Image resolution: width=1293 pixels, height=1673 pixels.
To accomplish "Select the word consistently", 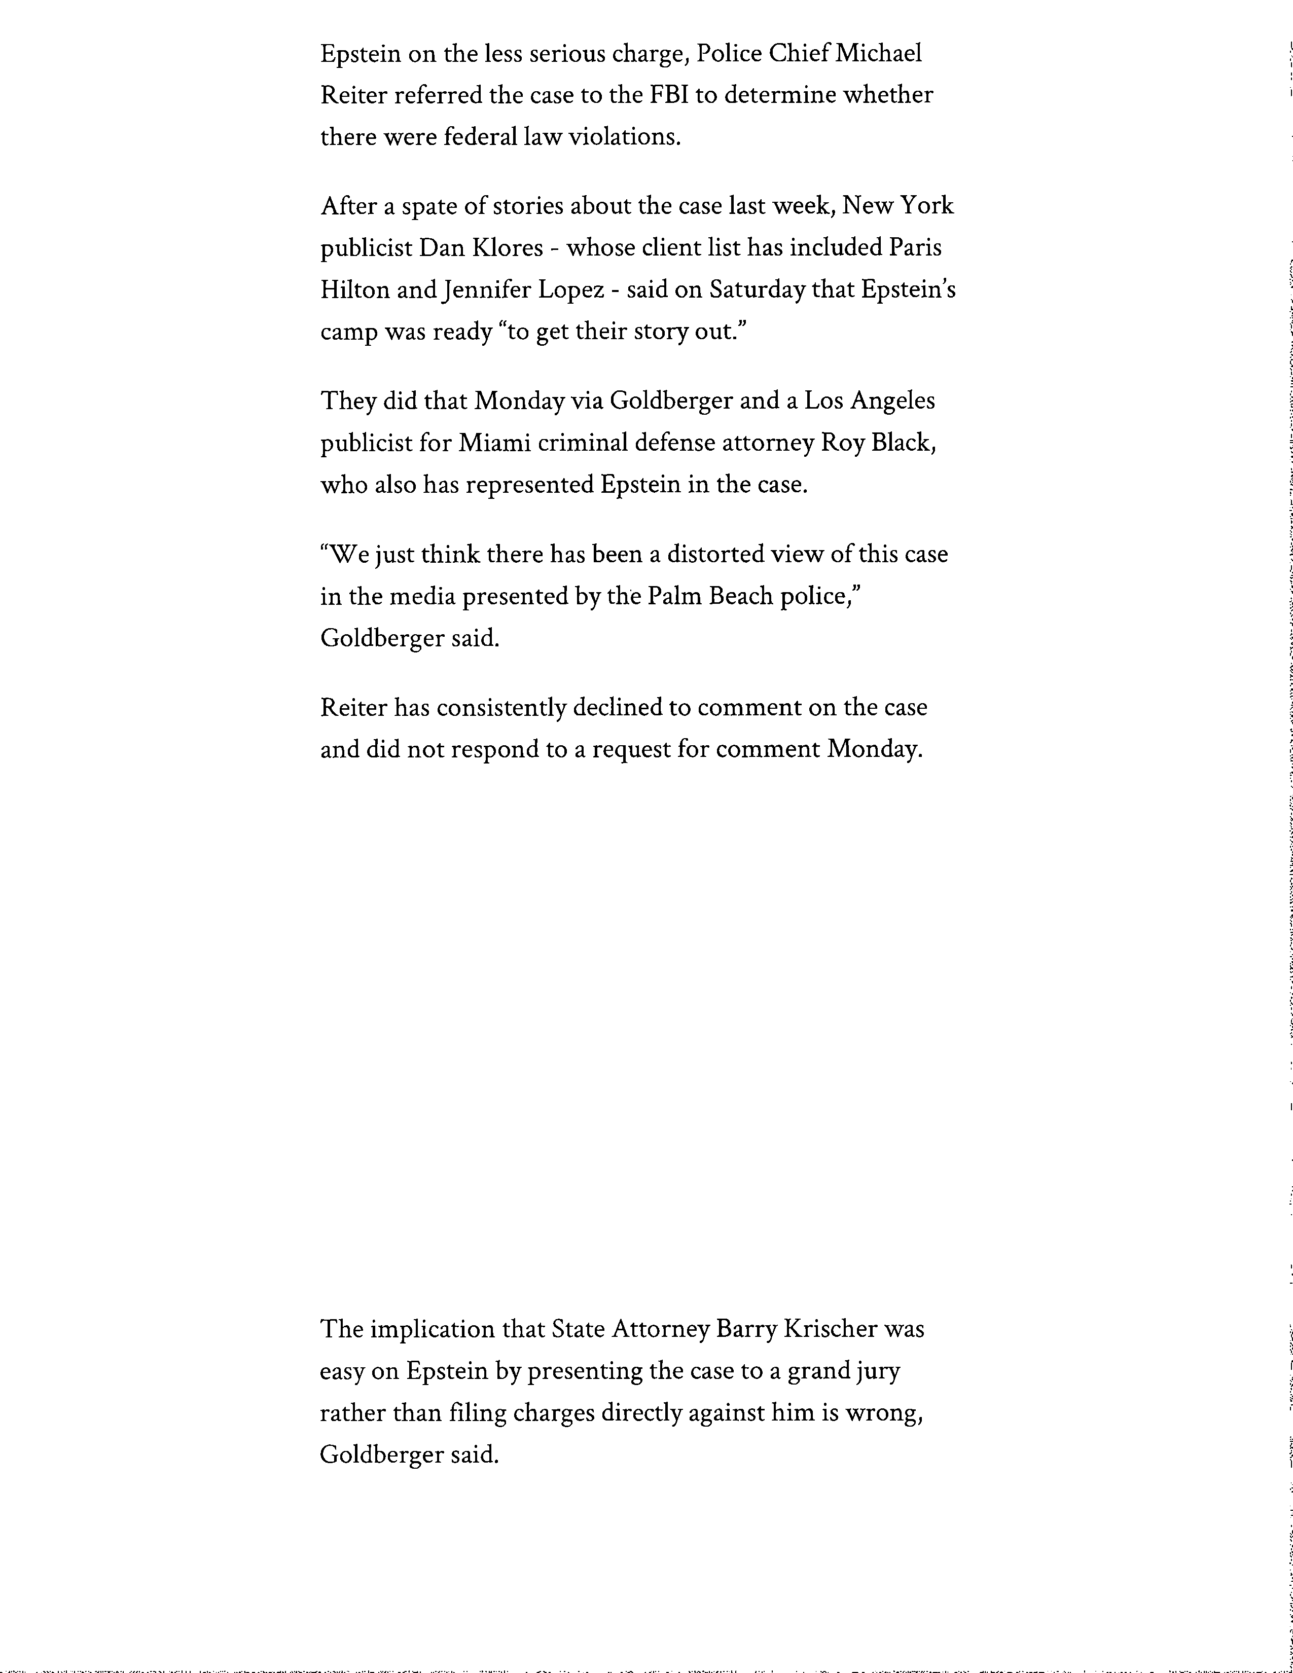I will (501, 707).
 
